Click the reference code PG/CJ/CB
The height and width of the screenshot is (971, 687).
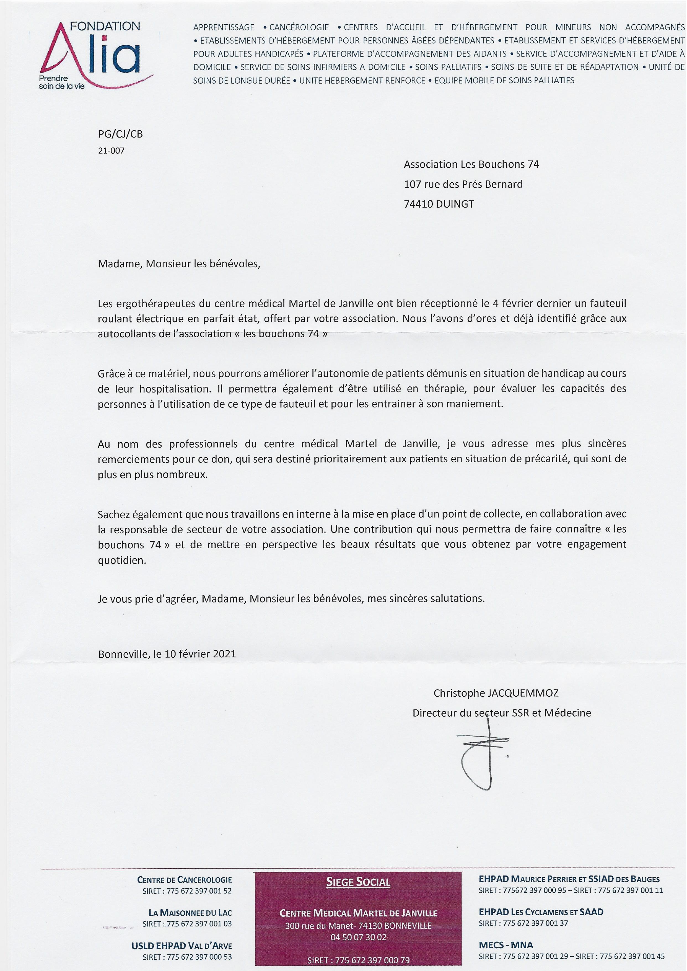click(x=121, y=134)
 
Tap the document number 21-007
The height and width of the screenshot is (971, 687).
click(x=111, y=151)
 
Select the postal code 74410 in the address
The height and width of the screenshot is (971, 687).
click(x=418, y=204)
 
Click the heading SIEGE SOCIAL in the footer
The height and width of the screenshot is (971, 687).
click(x=358, y=882)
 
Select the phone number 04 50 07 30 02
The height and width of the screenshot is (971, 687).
click(x=358, y=937)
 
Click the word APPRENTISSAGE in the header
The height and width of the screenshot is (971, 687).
click(x=224, y=27)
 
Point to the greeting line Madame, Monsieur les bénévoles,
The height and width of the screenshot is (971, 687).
click(x=179, y=264)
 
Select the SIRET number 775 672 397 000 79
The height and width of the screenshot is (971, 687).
click(x=372, y=960)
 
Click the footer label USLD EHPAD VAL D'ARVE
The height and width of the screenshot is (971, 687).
click(x=182, y=946)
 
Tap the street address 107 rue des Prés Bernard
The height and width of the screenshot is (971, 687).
click(x=463, y=184)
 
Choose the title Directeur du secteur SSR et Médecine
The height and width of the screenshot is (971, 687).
click(x=502, y=713)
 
